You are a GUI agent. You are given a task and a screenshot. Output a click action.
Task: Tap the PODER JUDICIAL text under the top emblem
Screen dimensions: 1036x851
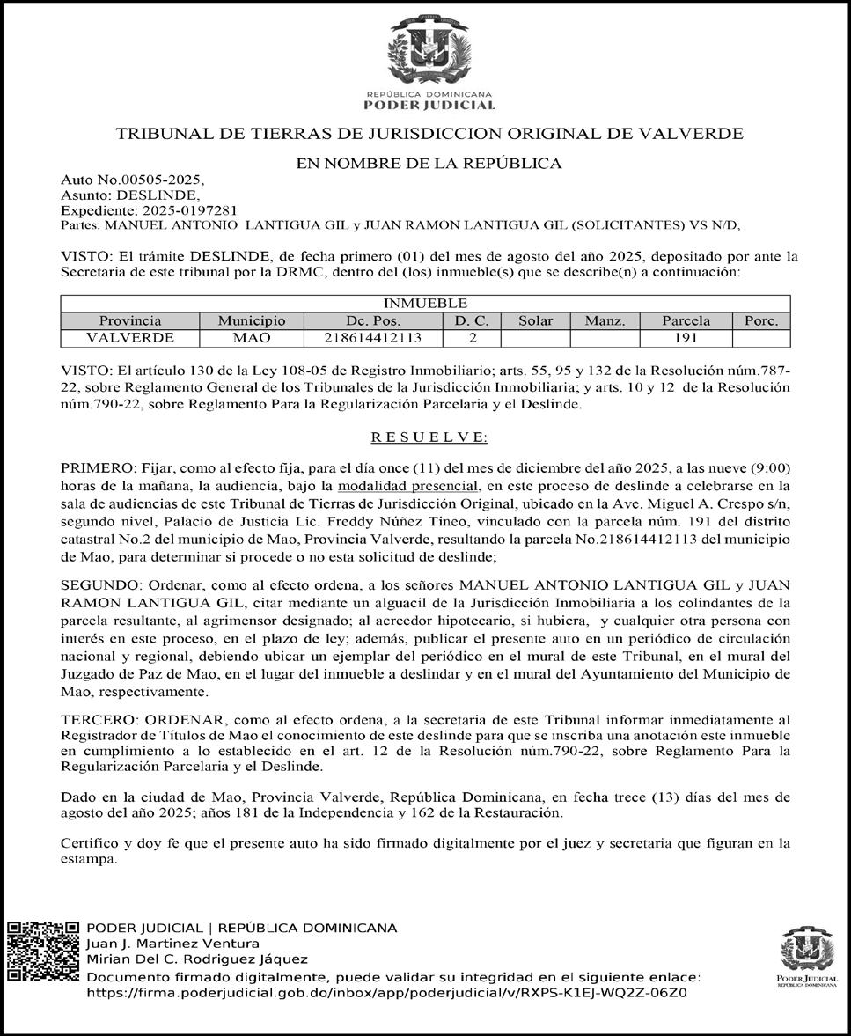[429, 106]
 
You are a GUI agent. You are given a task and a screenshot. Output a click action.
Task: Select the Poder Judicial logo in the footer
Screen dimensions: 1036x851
[806, 955]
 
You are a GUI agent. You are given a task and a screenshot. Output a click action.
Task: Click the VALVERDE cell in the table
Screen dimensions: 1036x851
[129, 338]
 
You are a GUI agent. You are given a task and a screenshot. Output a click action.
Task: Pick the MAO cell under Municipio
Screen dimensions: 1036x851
[252, 338]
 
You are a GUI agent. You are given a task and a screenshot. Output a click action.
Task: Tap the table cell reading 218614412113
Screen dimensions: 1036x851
[373, 338]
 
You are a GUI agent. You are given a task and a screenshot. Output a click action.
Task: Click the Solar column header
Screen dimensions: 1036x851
[535, 321]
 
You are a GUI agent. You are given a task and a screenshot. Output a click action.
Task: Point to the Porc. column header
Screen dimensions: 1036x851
[760, 321]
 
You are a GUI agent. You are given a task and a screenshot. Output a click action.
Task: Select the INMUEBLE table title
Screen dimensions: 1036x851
[425, 304]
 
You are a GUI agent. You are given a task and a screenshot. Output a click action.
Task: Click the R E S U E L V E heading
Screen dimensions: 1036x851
[429, 437]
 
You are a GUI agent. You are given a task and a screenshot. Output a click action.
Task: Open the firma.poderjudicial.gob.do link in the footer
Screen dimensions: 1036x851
[386, 992]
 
